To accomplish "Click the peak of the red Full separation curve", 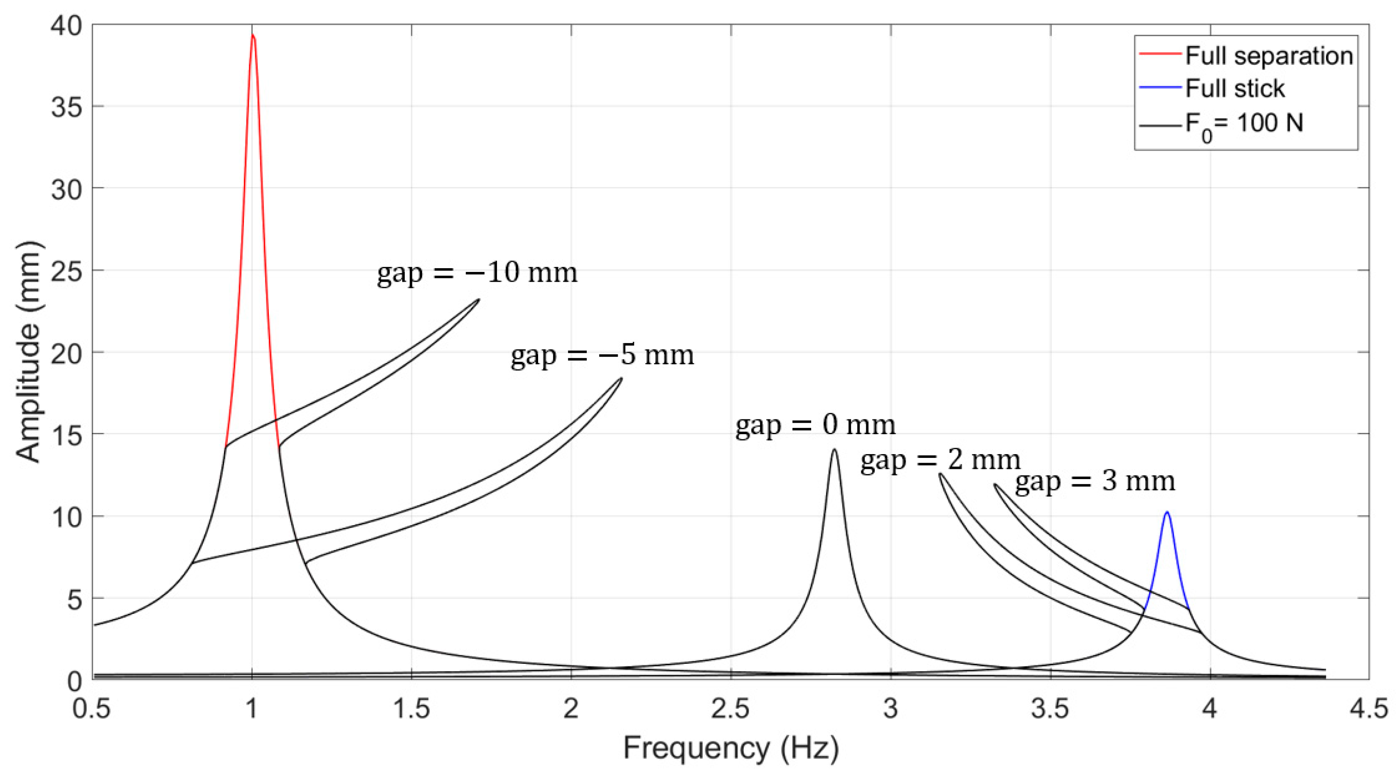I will tap(252, 35).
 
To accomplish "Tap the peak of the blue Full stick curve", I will tap(1167, 512).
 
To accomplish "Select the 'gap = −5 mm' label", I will tap(602, 355).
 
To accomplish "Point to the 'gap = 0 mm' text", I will tap(815, 425).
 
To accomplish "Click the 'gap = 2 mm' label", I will tap(940, 460).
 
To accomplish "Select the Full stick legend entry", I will tap(1235, 89).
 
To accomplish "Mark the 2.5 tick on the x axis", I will tap(730, 709).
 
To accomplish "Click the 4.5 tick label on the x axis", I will tap(1369, 709).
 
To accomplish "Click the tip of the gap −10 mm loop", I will tap(479, 299).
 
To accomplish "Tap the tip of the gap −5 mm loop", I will tap(622, 378).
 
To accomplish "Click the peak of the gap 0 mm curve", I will tap(834, 449).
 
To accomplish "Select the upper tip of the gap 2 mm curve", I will tap(940, 474).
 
